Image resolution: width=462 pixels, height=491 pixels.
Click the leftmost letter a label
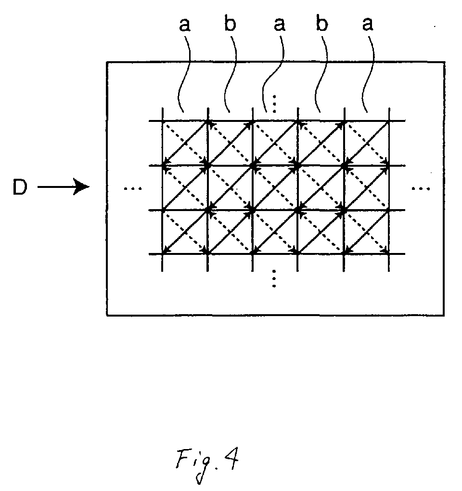[x=184, y=25]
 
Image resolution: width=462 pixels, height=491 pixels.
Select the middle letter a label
[x=279, y=25]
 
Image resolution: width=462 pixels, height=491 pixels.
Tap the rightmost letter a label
[x=368, y=24]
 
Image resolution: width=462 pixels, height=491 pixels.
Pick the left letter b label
[x=230, y=23]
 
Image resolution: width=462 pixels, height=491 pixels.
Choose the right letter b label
[x=321, y=23]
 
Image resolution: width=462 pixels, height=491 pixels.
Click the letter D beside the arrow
[x=20, y=187]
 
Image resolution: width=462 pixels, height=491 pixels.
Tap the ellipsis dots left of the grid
[x=133, y=188]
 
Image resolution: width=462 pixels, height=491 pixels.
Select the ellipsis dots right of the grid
[x=421, y=188]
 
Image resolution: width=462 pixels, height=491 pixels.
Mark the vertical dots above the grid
[x=274, y=103]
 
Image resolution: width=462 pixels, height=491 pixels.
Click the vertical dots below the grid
[x=274, y=279]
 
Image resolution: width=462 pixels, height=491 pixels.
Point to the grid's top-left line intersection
[x=162, y=120]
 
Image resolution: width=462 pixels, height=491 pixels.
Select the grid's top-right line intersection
[x=389, y=120]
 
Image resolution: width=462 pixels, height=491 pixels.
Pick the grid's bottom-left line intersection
[x=162, y=253]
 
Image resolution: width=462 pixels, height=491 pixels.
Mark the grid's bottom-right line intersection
[x=389, y=253]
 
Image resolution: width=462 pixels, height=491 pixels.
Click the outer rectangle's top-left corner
[x=107, y=62]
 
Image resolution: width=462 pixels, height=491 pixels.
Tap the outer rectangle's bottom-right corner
[x=444, y=315]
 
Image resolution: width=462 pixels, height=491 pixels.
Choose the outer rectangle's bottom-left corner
[x=107, y=315]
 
